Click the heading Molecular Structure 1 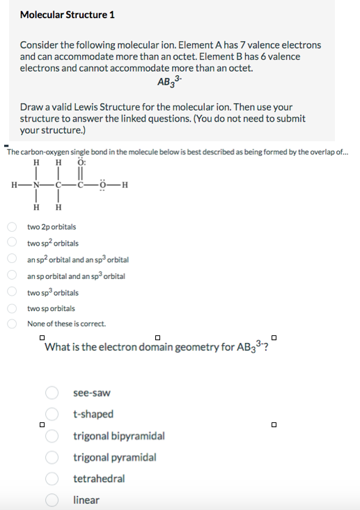[x=68, y=15]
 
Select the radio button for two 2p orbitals [x=12, y=227]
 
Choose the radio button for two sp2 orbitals [x=12, y=243]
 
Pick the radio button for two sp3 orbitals [x=12, y=292]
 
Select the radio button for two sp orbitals [x=12, y=308]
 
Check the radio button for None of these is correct [x=12, y=324]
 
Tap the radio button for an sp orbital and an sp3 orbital [x=12, y=276]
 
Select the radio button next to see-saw [x=53, y=393]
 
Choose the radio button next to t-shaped [x=53, y=415]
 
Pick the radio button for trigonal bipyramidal [x=53, y=436]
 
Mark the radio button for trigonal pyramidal [x=53, y=457]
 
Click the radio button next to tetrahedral [x=53, y=479]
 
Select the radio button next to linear [x=53, y=500]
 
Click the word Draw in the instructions [x=32, y=107]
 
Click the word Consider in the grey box [x=40, y=45]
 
